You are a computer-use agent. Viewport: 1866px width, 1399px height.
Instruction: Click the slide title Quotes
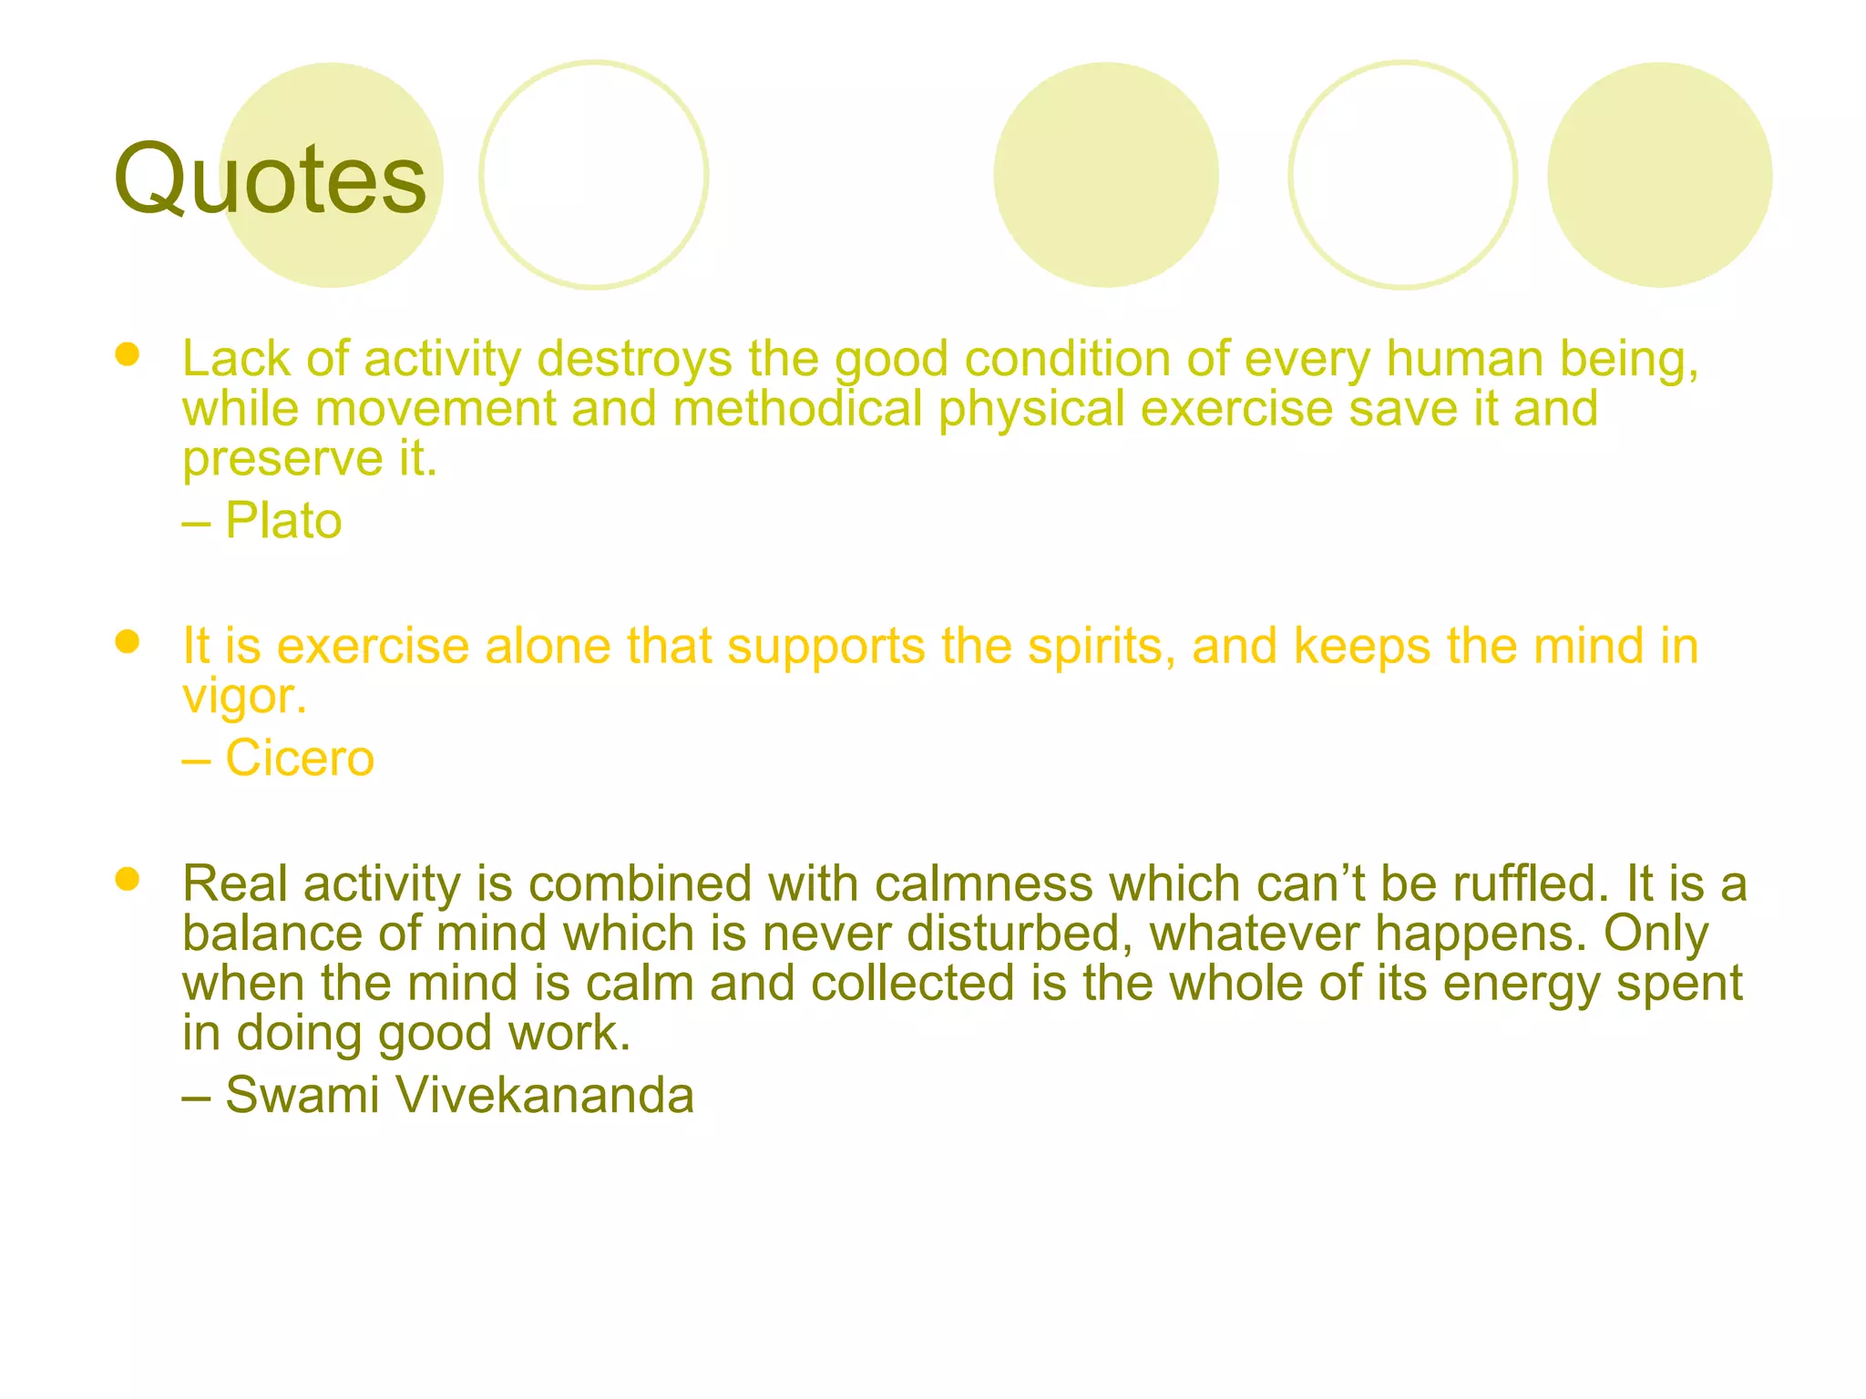coord(270,179)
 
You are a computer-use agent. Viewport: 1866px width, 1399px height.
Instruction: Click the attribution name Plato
coord(283,521)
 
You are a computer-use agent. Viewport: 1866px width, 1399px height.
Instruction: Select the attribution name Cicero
coord(300,758)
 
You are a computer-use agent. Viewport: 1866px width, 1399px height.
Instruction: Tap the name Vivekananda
coord(544,1094)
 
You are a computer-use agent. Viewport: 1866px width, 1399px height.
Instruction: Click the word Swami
coord(302,1094)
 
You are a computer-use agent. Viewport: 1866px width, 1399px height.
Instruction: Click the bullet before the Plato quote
coord(128,354)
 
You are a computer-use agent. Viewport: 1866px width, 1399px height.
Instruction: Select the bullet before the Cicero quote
coord(128,642)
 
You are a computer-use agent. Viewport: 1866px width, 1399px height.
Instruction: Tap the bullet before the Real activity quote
coord(128,879)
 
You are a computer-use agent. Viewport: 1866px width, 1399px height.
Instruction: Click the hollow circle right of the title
coord(594,175)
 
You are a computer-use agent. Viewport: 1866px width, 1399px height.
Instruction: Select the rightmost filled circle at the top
coord(1659,175)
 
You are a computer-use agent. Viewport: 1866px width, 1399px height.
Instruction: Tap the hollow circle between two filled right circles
coord(1402,175)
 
